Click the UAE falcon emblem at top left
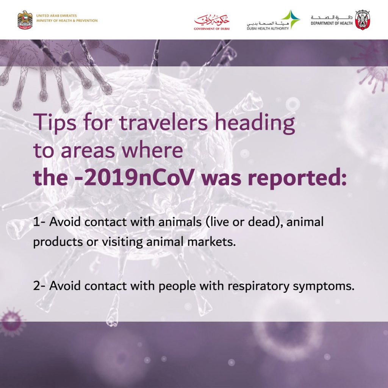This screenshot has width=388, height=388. click(x=25, y=20)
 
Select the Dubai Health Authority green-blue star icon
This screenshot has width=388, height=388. click(x=291, y=19)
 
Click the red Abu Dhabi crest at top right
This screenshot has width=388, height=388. click(x=362, y=20)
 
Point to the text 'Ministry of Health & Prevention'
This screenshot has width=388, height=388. click(x=67, y=20)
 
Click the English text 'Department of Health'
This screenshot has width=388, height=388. click(x=332, y=23)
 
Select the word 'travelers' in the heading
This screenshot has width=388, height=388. click(x=164, y=122)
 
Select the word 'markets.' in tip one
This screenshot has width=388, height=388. click(x=211, y=241)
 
